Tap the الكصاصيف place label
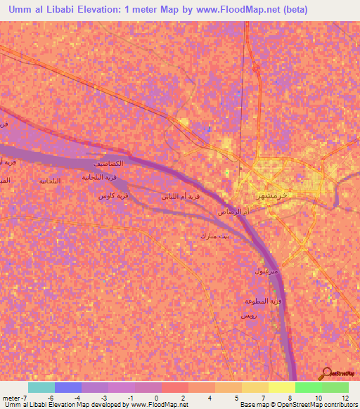(108, 164)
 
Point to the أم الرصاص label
(231, 211)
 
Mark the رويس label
(248, 316)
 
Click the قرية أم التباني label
(181, 197)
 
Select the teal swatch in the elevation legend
(41, 387)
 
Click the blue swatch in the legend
(68, 387)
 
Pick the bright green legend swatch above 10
(309, 387)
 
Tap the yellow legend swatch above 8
(282, 387)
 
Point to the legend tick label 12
(345, 398)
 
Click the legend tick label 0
(155, 398)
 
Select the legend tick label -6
(51, 398)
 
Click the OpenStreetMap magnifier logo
(326, 373)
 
